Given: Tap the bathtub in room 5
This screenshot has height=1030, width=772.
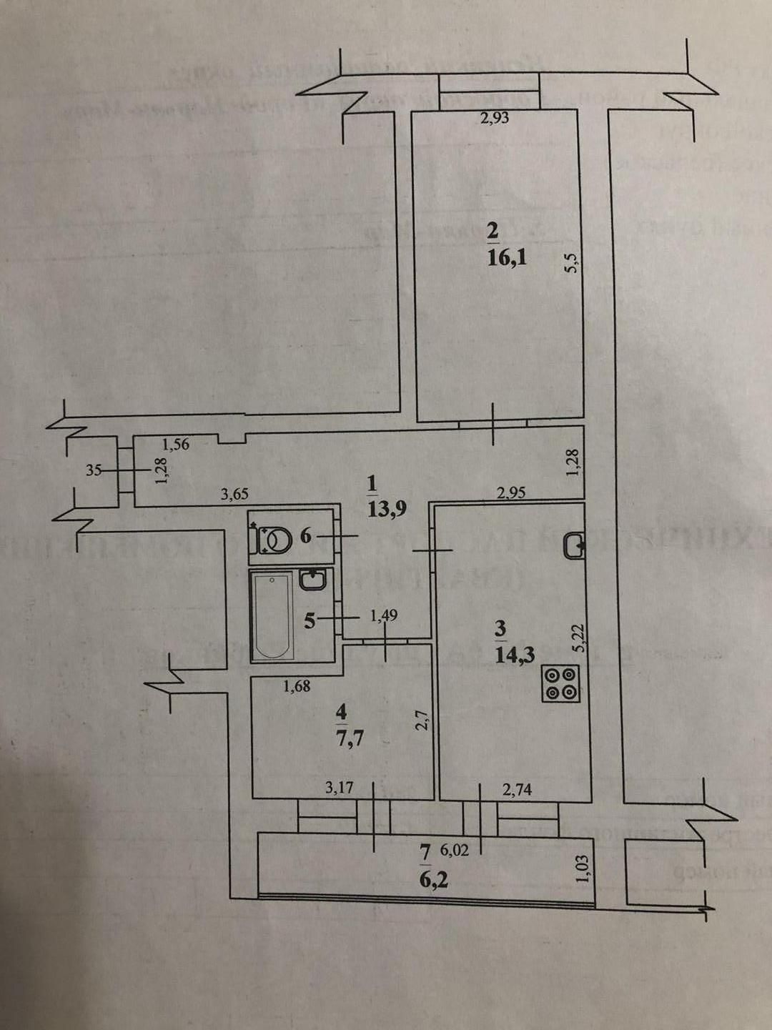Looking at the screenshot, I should pos(272,614).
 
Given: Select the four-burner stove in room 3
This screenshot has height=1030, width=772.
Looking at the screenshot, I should pos(561,683).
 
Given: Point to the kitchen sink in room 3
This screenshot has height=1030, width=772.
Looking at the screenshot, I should pos(574,545).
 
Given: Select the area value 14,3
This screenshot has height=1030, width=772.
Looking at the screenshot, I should pos(515,653).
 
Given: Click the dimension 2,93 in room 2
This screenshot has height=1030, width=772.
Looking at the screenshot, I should pos(495,118).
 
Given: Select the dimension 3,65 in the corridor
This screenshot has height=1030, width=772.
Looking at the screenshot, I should pos(235,493).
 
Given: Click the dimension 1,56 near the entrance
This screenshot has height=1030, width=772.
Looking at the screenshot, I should pos(176,445).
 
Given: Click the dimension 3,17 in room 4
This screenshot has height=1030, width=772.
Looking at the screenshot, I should pos(340,788).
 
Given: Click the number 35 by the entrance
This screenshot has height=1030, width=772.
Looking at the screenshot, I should pos(93,470).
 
